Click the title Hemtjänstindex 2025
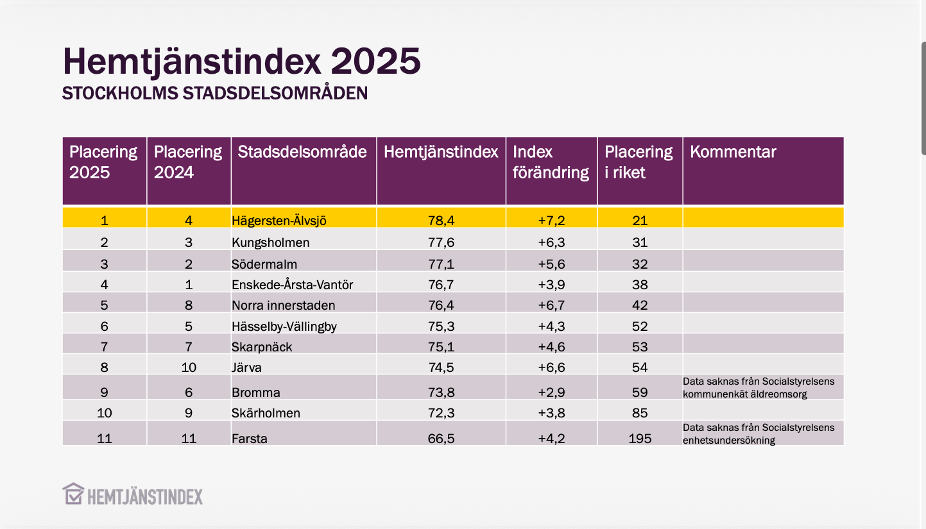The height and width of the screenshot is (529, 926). (x=241, y=62)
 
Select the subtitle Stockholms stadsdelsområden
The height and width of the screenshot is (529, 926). (x=214, y=94)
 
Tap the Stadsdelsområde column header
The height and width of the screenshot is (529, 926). (x=302, y=152)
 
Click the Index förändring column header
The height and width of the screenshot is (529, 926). (x=551, y=162)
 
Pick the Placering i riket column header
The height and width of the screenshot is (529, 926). (x=639, y=162)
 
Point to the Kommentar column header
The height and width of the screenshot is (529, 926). (x=733, y=152)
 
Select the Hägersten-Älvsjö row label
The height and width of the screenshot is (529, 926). (x=279, y=221)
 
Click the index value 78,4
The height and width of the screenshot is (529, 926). (x=441, y=221)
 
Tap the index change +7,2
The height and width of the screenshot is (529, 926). (x=551, y=221)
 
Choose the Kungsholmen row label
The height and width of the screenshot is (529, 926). (x=270, y=242)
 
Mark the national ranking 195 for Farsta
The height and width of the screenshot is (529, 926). (x=640, y=439)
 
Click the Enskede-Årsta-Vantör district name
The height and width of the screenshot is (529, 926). (x=292, y=285)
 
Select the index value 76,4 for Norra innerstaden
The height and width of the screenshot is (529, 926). (x=441, y=305)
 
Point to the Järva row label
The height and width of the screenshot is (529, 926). (x=246, y=367)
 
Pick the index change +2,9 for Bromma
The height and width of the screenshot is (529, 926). (x=551, y=392)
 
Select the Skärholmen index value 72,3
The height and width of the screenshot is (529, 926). (x=441, y=413)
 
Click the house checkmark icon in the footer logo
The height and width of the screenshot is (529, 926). (x=73, y=494)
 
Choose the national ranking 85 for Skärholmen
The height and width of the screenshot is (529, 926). (x=640, y=413)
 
